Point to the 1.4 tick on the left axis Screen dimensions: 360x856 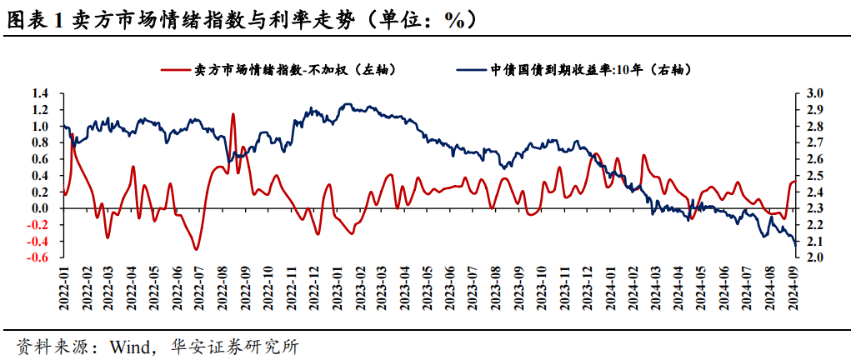[39, 93]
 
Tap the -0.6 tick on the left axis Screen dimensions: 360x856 [38, 257]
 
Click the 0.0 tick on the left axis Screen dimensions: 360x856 [39, 208]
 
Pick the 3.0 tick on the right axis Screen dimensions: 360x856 [813, 93]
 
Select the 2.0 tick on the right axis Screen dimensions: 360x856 [813, 257]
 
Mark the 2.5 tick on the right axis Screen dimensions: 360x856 [813, 176]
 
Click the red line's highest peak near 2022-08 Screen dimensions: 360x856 [233, 114]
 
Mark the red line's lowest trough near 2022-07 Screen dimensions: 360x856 [197, 249]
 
